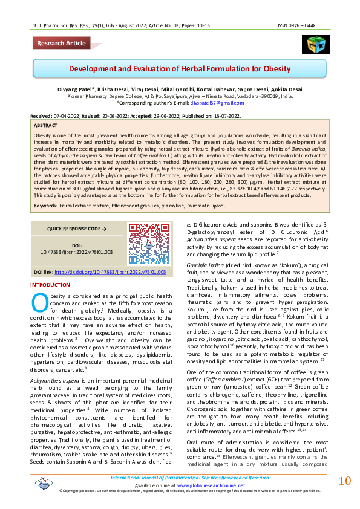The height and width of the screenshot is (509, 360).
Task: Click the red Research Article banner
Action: click(61, 43)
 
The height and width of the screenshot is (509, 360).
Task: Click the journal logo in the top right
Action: click(315, 44)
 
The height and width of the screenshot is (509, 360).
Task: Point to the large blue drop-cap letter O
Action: click(39, 300)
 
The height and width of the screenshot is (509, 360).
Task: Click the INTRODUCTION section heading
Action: click(50, 284)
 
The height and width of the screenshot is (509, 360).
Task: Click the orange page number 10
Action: click(344, 481)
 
